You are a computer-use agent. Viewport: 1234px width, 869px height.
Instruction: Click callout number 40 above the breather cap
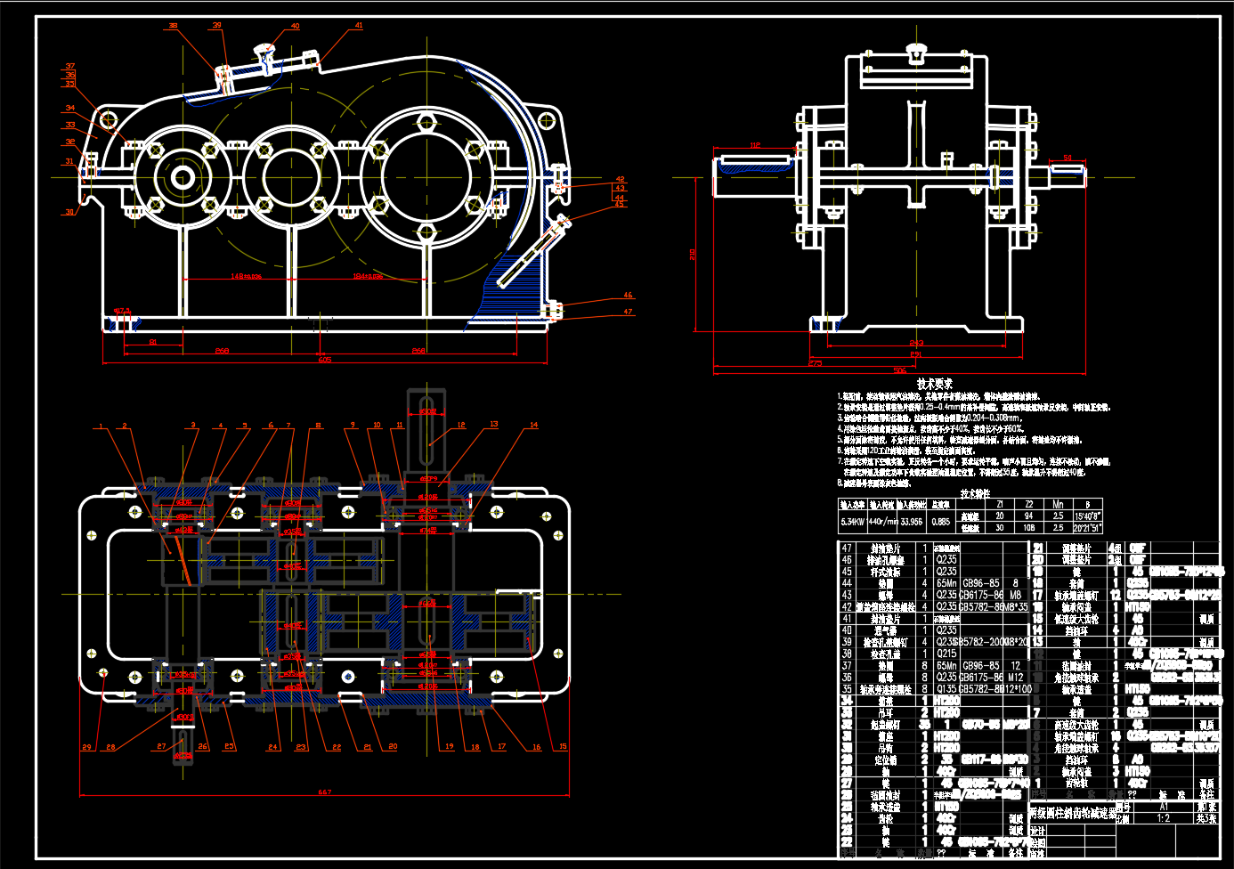296,27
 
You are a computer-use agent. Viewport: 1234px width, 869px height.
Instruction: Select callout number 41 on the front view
359,26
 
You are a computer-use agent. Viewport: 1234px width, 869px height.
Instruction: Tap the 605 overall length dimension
324,360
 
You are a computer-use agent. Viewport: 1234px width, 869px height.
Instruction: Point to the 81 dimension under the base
153,342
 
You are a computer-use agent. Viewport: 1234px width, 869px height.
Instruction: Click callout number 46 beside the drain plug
628,295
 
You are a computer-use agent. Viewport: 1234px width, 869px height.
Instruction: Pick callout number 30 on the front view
69,212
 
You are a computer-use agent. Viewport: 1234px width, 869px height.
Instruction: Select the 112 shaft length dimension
755,145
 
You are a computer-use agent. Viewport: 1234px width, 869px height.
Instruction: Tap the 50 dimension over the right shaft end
1068,158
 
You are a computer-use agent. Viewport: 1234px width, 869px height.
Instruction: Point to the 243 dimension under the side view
916,343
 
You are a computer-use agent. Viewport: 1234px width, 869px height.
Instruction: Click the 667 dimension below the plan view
324,792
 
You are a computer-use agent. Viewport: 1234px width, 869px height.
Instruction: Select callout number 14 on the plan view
533,425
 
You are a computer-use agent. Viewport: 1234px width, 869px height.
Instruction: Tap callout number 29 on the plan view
86,747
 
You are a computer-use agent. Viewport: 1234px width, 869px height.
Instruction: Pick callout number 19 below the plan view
449,747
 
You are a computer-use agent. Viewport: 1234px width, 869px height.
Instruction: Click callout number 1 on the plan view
101,426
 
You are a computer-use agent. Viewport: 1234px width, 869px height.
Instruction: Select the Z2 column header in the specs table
1028,504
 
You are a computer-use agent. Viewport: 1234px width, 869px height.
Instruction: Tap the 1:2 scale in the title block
1163,818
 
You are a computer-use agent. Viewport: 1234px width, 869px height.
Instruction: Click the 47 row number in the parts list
847,548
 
